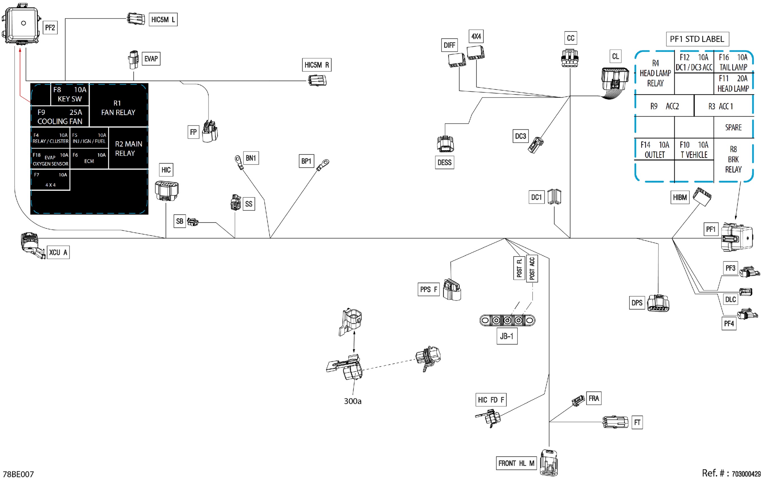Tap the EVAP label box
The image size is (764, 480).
[151, 59]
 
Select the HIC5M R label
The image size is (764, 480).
[317, 65]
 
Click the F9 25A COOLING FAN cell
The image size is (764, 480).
[60, 117]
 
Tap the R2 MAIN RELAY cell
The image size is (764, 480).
[128, 148]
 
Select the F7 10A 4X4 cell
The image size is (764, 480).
[51, 180]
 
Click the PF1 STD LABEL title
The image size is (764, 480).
[697, 39]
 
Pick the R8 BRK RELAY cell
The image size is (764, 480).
[733, 159]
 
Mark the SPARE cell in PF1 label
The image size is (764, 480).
[733, 128]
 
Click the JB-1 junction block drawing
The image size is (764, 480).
[507, 320]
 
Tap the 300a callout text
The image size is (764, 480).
[353, 401]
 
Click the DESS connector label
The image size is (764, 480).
[444, 163]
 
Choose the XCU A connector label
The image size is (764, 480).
[58, 252]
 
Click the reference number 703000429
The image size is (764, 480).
[746, 474]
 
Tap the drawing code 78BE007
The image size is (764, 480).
[18, 474]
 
